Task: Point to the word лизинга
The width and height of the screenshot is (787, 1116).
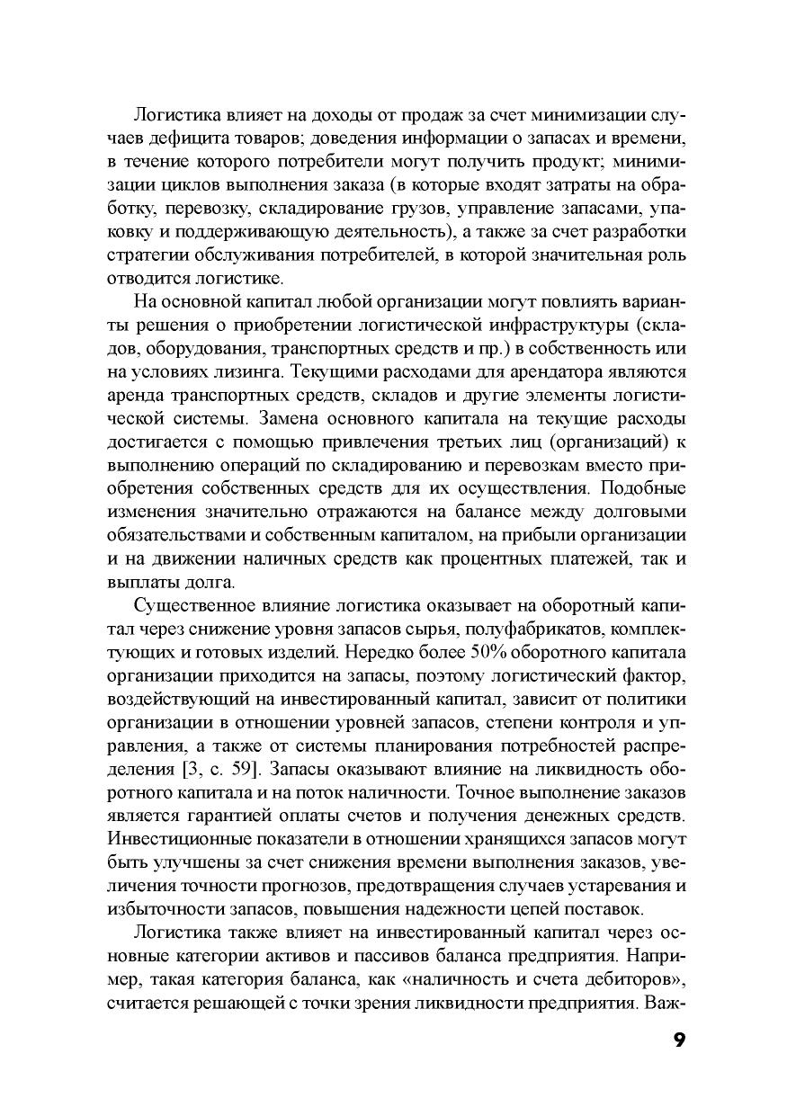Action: pos(246,371)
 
